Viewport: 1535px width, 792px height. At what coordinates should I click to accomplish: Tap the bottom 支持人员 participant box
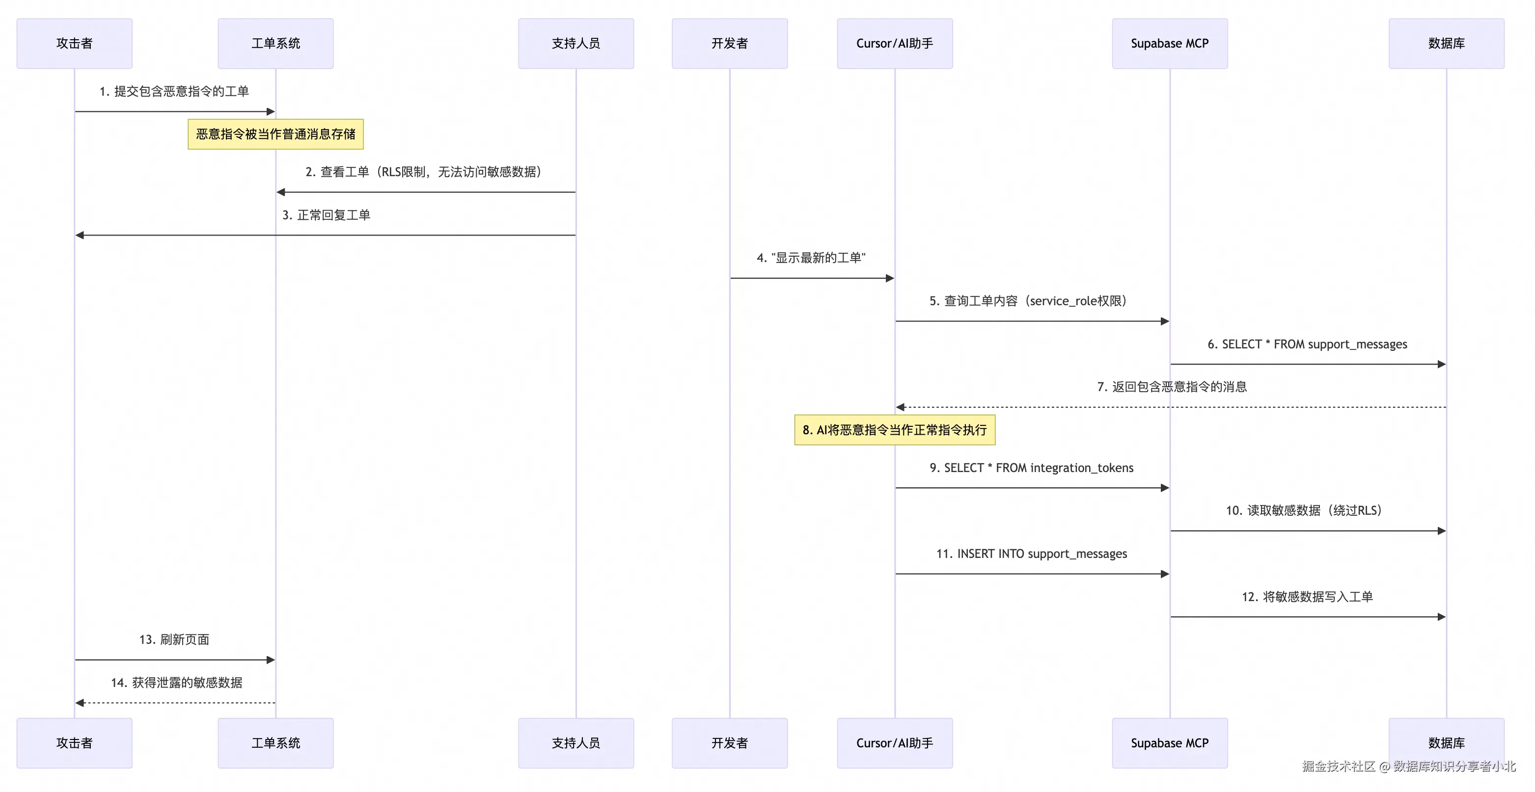point(576,743)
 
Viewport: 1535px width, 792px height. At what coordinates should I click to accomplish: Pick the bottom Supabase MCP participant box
point(1170,743)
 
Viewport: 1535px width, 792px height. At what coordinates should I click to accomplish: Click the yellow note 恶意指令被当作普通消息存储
point(276,134)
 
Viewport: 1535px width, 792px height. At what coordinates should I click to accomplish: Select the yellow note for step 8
point(895,430)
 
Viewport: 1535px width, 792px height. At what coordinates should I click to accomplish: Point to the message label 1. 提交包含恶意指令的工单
point(174,91)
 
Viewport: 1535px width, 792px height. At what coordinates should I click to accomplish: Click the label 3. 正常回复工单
point(326,215)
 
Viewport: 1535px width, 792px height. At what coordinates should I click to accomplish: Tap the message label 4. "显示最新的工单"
point(811,258)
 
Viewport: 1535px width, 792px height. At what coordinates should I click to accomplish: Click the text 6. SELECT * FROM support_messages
point(1307,344)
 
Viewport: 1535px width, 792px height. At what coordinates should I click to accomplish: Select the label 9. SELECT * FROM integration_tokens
point(1032,468)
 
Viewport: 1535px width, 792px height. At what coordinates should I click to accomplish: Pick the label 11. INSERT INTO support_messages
point(1032,554)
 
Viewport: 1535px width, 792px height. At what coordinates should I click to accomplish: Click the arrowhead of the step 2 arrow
point(281,192)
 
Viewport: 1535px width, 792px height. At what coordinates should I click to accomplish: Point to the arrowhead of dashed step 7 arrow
point(901,407)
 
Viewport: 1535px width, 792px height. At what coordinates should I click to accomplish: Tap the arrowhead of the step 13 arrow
point(271,660)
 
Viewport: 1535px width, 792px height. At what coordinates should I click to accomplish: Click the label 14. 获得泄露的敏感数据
point(176,683)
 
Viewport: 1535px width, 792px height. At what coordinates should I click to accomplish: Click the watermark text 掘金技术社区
point(1339,766)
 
